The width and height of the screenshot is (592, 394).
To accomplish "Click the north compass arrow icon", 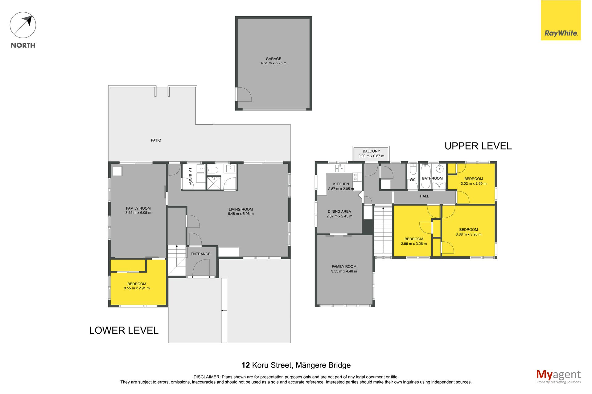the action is click(23, 25).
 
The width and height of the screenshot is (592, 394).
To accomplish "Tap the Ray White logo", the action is click(561, 20).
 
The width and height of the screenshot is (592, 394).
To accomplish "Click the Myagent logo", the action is click(558, 376).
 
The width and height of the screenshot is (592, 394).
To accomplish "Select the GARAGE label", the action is click(273, 59).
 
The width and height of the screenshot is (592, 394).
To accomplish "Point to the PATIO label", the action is click(156, 140).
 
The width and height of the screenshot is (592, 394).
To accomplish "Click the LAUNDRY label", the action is click(190, 176).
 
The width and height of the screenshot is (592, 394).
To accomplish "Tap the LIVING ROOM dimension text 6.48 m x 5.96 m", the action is click(241, 214).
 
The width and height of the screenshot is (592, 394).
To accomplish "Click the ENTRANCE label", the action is click(201, 254).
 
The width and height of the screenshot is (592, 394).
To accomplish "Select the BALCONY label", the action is click(371, 151).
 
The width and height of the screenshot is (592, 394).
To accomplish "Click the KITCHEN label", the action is click(341, 184).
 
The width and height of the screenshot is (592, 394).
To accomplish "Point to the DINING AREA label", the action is click(339, 211).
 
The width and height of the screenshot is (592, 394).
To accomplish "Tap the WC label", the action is click(413, 180).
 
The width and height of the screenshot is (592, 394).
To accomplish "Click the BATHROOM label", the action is click(432, 179).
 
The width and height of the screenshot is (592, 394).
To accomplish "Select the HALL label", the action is click(424, 196).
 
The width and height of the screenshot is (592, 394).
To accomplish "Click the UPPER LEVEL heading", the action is click(478, 146).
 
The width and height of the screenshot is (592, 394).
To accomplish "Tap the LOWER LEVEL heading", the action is click(124, 330).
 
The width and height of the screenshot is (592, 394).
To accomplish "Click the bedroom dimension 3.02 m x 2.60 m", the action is click(474, 183).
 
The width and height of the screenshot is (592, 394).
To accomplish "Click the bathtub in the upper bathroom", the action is click(425, 176).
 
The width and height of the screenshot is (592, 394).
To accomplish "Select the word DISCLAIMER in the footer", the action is click(207, 377).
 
